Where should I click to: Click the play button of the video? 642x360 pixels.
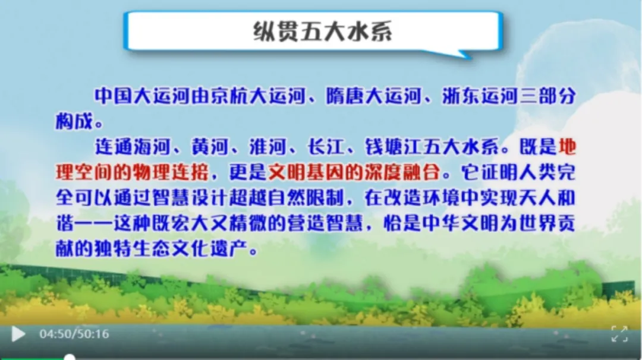click(x=18, y=334)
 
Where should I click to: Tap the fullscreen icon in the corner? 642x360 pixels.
click(x=619, y=334)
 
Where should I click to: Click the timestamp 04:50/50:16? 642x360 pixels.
click(x=74, y=334)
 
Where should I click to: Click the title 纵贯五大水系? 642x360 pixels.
click(x=322, y=31)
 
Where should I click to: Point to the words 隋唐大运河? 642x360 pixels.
click(x=373, y=96)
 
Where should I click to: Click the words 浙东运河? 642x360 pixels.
click(x=480, y=96)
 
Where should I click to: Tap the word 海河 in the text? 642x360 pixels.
click(x=152, y=147)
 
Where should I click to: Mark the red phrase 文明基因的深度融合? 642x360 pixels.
click(x=354, y=172)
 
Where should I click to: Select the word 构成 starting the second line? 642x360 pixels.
click(x=74, y=122)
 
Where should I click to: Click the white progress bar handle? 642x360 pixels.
click(x=70, y=358)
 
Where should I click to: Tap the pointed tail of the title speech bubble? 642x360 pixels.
click(x=467, y=56)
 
